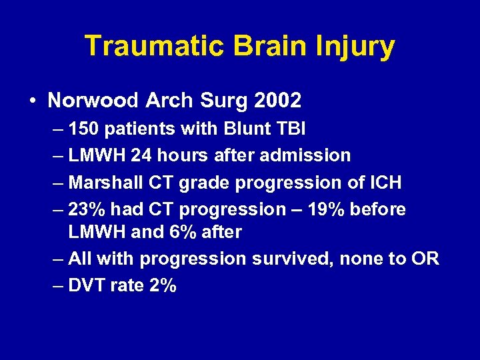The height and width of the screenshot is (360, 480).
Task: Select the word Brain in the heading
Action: (263, 46)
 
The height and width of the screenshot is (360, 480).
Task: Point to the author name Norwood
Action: (91, 101)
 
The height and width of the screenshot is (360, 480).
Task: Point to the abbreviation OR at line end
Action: (425, 259)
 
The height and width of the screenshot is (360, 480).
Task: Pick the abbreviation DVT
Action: (85, 285)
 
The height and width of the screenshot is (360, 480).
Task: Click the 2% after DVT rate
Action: (163, 285)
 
